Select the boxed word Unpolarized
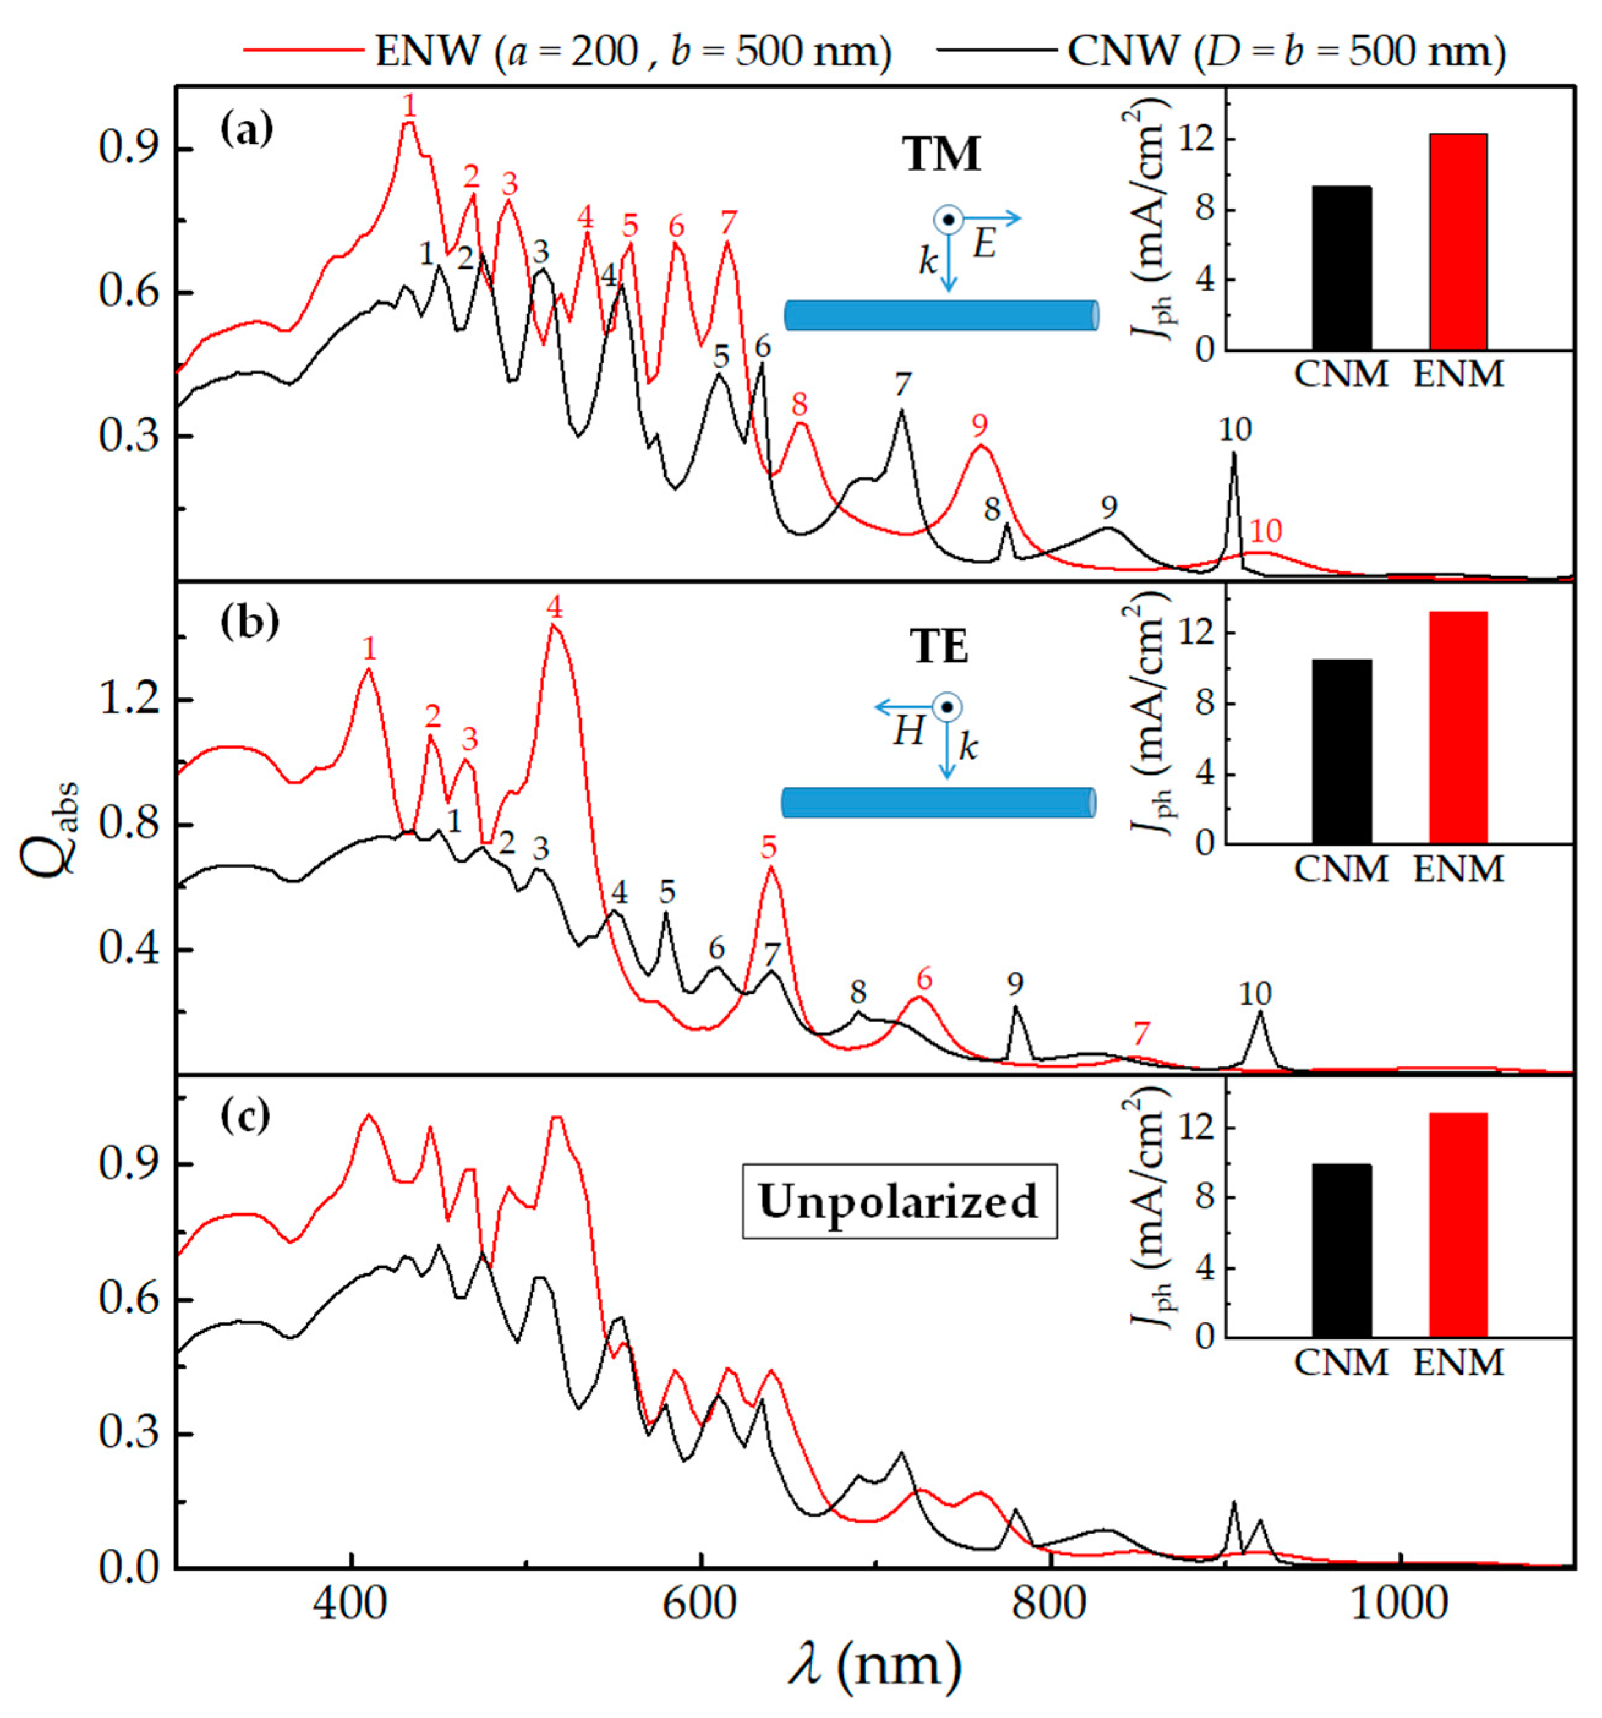899,1201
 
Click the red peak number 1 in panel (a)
410,105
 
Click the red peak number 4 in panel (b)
554,608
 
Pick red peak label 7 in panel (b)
1141,1033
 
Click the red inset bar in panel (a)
1458,242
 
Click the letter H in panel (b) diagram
908,732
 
